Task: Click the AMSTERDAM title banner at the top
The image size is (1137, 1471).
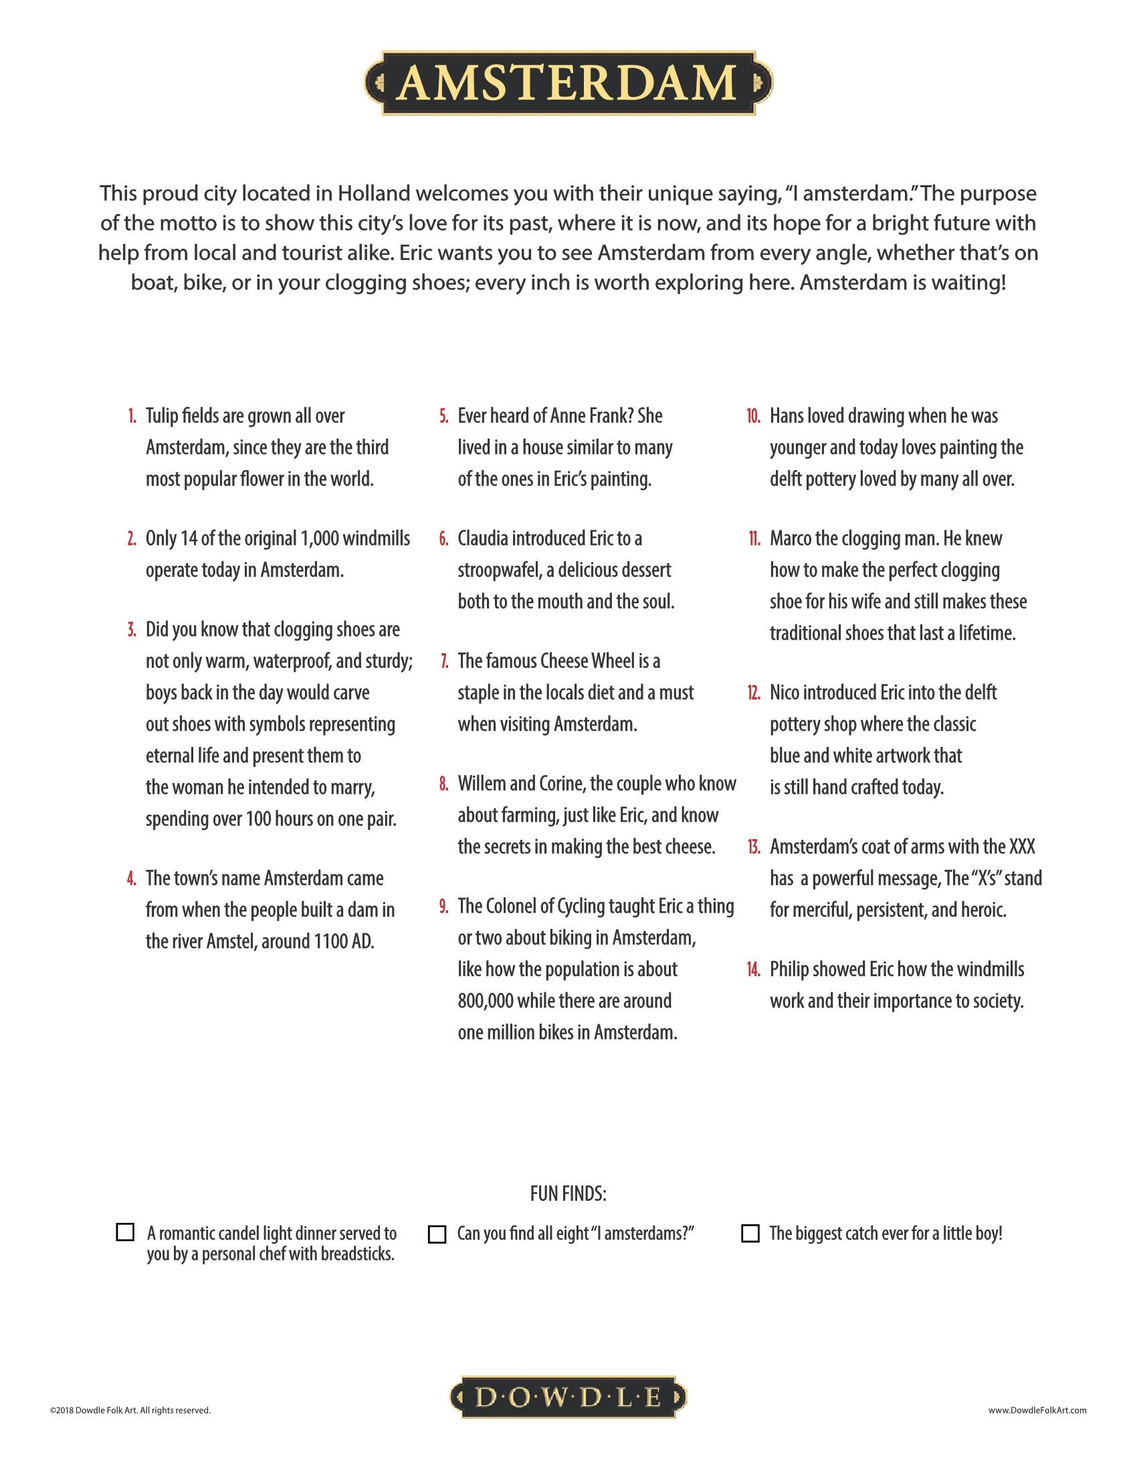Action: [568, 83]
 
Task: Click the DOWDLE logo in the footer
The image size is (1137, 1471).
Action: [568, 1398]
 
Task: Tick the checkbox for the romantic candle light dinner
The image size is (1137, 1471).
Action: [125, 1232]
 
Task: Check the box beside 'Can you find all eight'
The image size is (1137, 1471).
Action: [437, 1234]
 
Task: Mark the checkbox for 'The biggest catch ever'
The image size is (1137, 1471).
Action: [750, 1233]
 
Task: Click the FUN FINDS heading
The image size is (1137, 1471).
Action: [568, 1194]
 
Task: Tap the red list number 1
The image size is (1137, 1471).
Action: [132, 417]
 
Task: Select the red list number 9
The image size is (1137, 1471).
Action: [444, 907]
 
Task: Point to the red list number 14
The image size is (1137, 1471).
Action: [753, 970]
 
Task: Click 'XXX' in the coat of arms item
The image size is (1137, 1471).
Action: [1021, 846]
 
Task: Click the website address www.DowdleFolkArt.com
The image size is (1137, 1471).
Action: [1037, 1409]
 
